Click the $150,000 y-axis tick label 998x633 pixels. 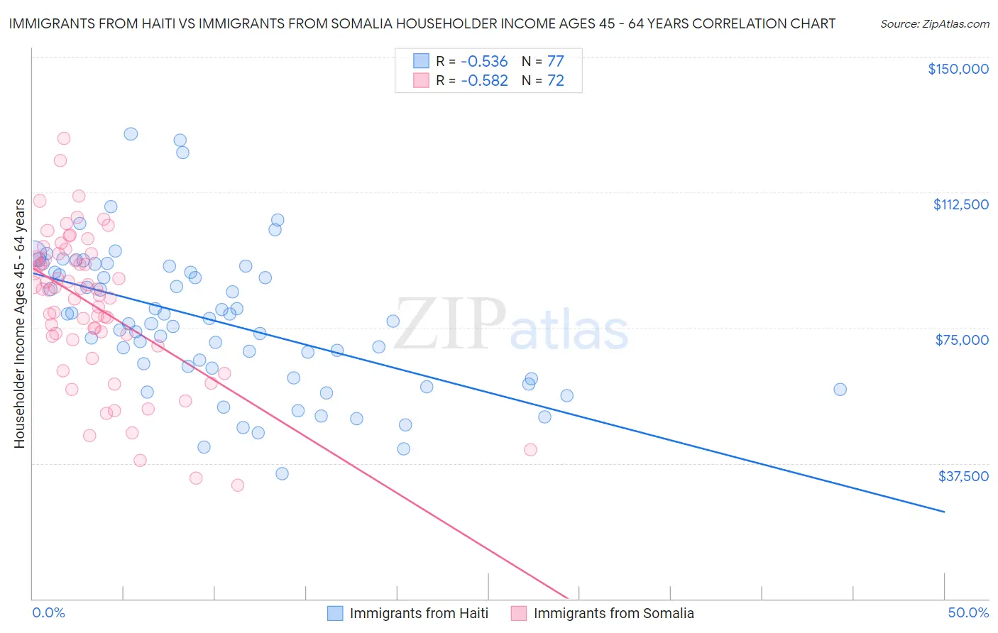958,69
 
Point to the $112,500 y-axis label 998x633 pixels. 960,204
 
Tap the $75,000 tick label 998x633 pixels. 962,340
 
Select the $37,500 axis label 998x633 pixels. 963,476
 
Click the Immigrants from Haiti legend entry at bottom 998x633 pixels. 419,613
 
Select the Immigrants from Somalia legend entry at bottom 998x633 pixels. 613,613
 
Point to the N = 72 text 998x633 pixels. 543,81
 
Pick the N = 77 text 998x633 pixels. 543,62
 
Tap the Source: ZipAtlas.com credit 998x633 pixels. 934,23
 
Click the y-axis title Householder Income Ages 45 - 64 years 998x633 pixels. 19,324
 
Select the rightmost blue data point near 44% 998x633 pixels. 840,390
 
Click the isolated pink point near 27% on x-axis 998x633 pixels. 530,449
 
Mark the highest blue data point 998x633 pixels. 131,134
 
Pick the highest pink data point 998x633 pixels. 63,138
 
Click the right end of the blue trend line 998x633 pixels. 944,511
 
